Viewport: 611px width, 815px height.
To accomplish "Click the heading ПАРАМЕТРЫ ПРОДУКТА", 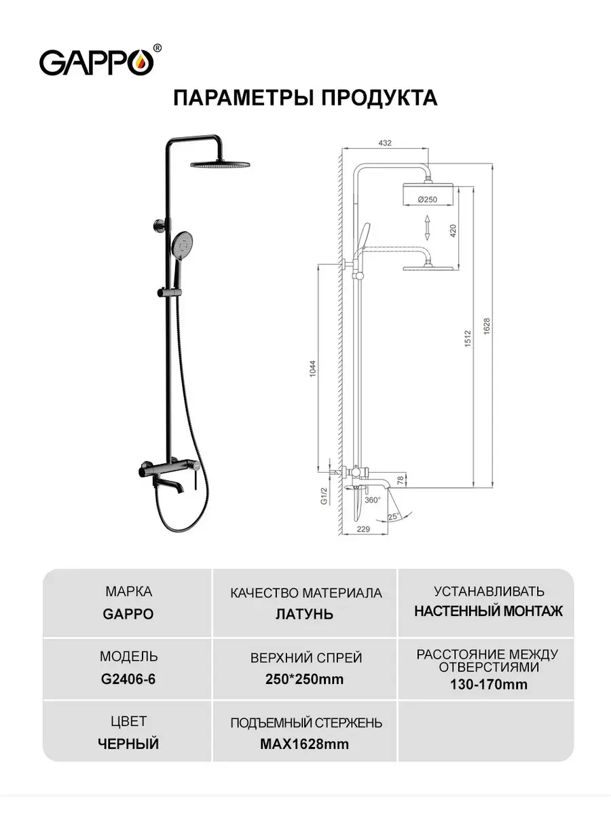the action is click(x=305, y=98).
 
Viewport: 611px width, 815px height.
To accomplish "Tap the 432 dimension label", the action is click(x=385, y=143).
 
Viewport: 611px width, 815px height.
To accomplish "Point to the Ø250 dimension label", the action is click(x=427, y=199).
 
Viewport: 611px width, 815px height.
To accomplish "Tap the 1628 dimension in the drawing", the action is click(x=486, y=326).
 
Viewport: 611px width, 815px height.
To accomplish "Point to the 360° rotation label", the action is click(x=373, y=500).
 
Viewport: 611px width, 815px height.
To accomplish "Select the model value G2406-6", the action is click(x=128, y=678).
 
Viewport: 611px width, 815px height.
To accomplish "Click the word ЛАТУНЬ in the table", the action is click(x=305, y=614).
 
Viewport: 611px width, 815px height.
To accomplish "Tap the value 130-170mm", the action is click(x=488, y=684).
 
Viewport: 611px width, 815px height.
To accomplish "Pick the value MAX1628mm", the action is click(x=305, y=744).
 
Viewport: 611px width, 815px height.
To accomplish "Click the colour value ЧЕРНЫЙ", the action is click(x=128, y=744).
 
